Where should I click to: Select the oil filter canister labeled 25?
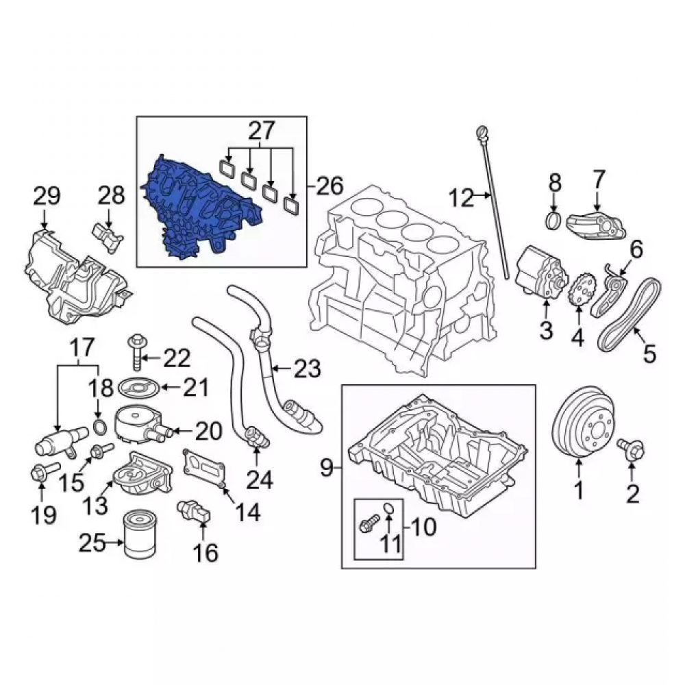(140, 536)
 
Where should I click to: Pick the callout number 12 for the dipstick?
(461, 199)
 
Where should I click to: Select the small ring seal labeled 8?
(555, 219)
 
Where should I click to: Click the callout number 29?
(47, 196)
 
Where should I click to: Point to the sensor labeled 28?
(108, 237)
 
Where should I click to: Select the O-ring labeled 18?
(99, 427)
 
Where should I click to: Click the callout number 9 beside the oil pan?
(327, 468)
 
